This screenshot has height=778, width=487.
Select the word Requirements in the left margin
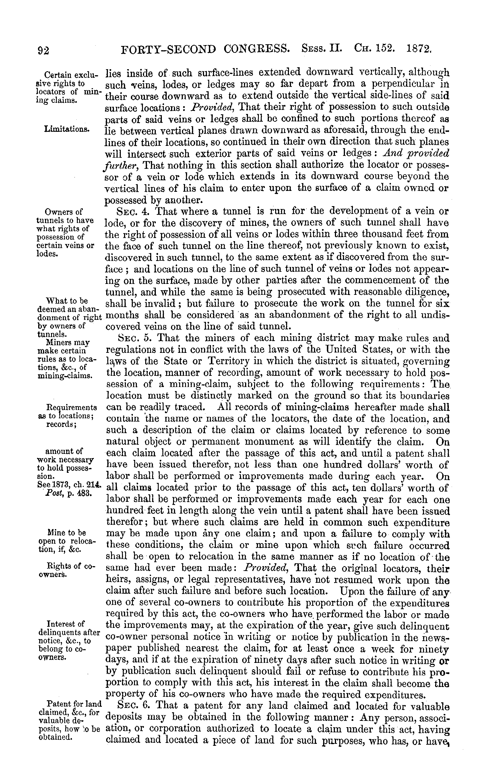click(x=72, y=407)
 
